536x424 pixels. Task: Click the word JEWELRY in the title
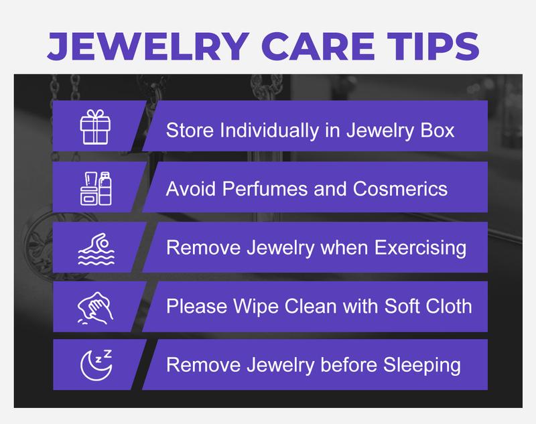148,46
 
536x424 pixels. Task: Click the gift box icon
95,127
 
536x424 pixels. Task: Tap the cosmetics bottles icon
96,188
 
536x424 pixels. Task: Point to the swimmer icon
96,249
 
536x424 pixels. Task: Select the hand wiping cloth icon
95,308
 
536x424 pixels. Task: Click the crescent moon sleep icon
96,365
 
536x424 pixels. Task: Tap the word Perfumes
265,189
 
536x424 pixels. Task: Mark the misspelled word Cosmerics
400,189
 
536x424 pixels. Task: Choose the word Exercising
420,248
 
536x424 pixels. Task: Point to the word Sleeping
422,366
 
